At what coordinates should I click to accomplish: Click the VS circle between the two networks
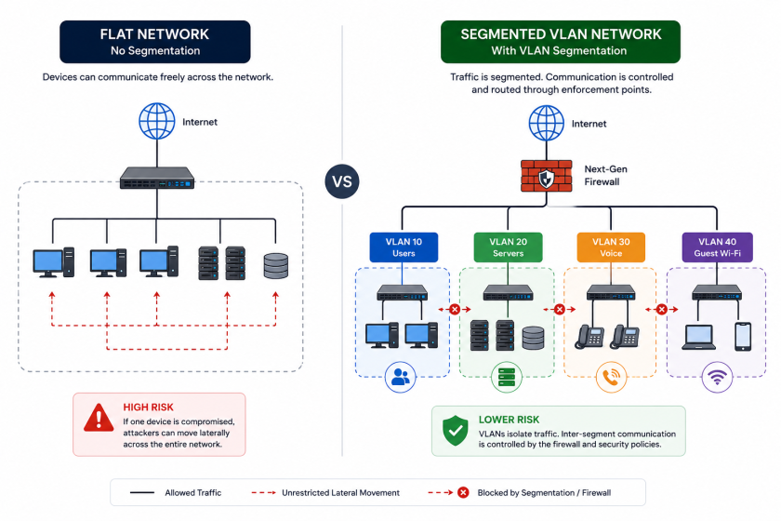point(342,181)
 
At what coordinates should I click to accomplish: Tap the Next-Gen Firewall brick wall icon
point(547,176)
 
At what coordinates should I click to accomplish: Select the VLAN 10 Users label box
point(404,247)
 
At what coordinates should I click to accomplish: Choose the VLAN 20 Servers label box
point(508,247)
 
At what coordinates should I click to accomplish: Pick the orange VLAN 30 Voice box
point(611,247)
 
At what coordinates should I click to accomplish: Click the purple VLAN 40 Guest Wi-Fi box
point(717,247)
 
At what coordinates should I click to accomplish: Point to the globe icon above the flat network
point(157,121)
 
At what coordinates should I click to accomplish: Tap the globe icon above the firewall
point(547,123)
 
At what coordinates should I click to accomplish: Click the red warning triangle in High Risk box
point(99,418)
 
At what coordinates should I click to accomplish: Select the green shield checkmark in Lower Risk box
point(456,430)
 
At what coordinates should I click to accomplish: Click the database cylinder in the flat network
point(276,266)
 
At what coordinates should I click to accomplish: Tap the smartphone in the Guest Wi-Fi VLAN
point(743,337)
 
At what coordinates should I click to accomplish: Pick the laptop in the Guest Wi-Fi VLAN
point(698,338)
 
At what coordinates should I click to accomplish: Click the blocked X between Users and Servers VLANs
point(455,310)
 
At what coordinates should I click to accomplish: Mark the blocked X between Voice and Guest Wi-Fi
point(661,310)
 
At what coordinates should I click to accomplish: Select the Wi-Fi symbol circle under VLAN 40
point(717,378)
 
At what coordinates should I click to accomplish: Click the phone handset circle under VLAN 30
point(611,378)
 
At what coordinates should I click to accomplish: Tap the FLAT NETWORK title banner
point(155,42)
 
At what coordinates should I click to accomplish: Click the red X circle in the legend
point(463,492)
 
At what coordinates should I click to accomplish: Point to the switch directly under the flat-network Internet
point(157,178)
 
